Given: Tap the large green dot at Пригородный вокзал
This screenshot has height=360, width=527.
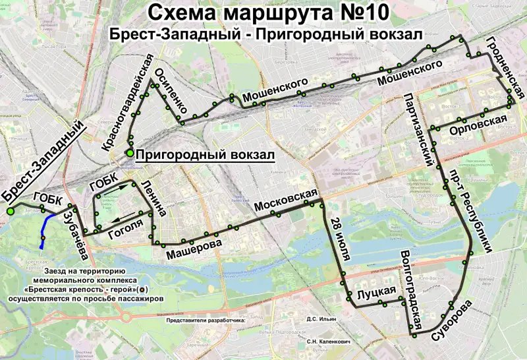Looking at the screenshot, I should (x=130, y=154).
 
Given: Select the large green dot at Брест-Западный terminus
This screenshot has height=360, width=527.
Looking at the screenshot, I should (x=11, y=212).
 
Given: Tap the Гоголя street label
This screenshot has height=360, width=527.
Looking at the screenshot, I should (x=125, y=227).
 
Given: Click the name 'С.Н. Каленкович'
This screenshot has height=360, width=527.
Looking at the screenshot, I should (x=327, y=343).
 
